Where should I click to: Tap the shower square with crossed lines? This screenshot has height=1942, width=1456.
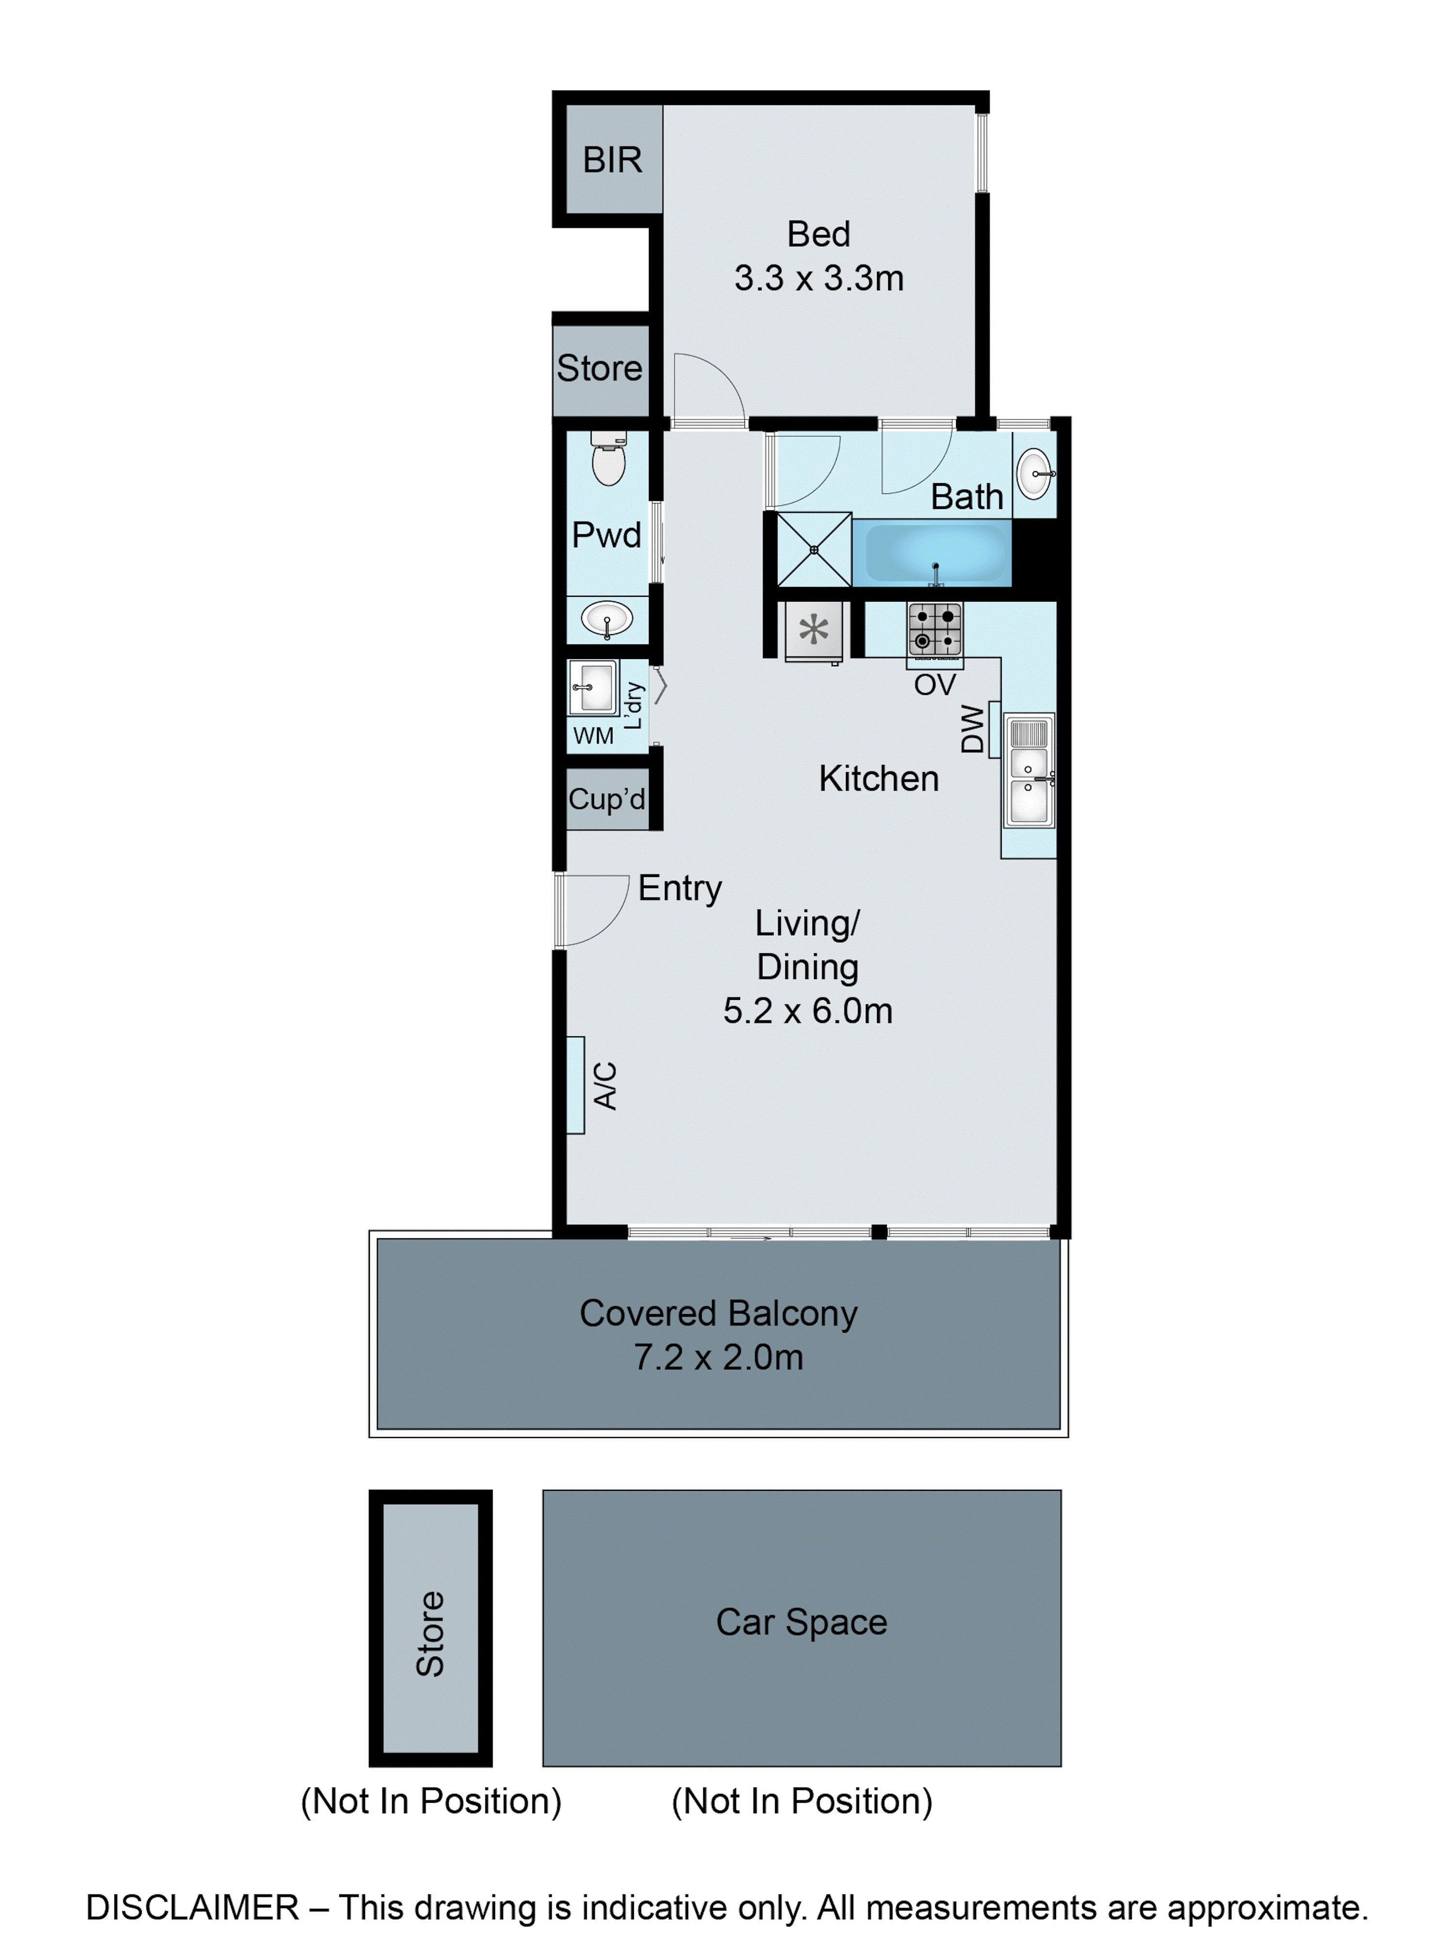coord(813,550)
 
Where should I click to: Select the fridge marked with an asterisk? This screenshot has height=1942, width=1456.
coord(813,630)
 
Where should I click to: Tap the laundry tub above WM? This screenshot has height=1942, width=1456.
coord(593,687)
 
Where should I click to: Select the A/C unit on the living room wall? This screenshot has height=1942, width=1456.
coord(576,1085)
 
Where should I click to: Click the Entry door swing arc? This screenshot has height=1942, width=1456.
coord(597,913)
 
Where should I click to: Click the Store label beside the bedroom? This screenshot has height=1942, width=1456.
coord(599,368)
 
